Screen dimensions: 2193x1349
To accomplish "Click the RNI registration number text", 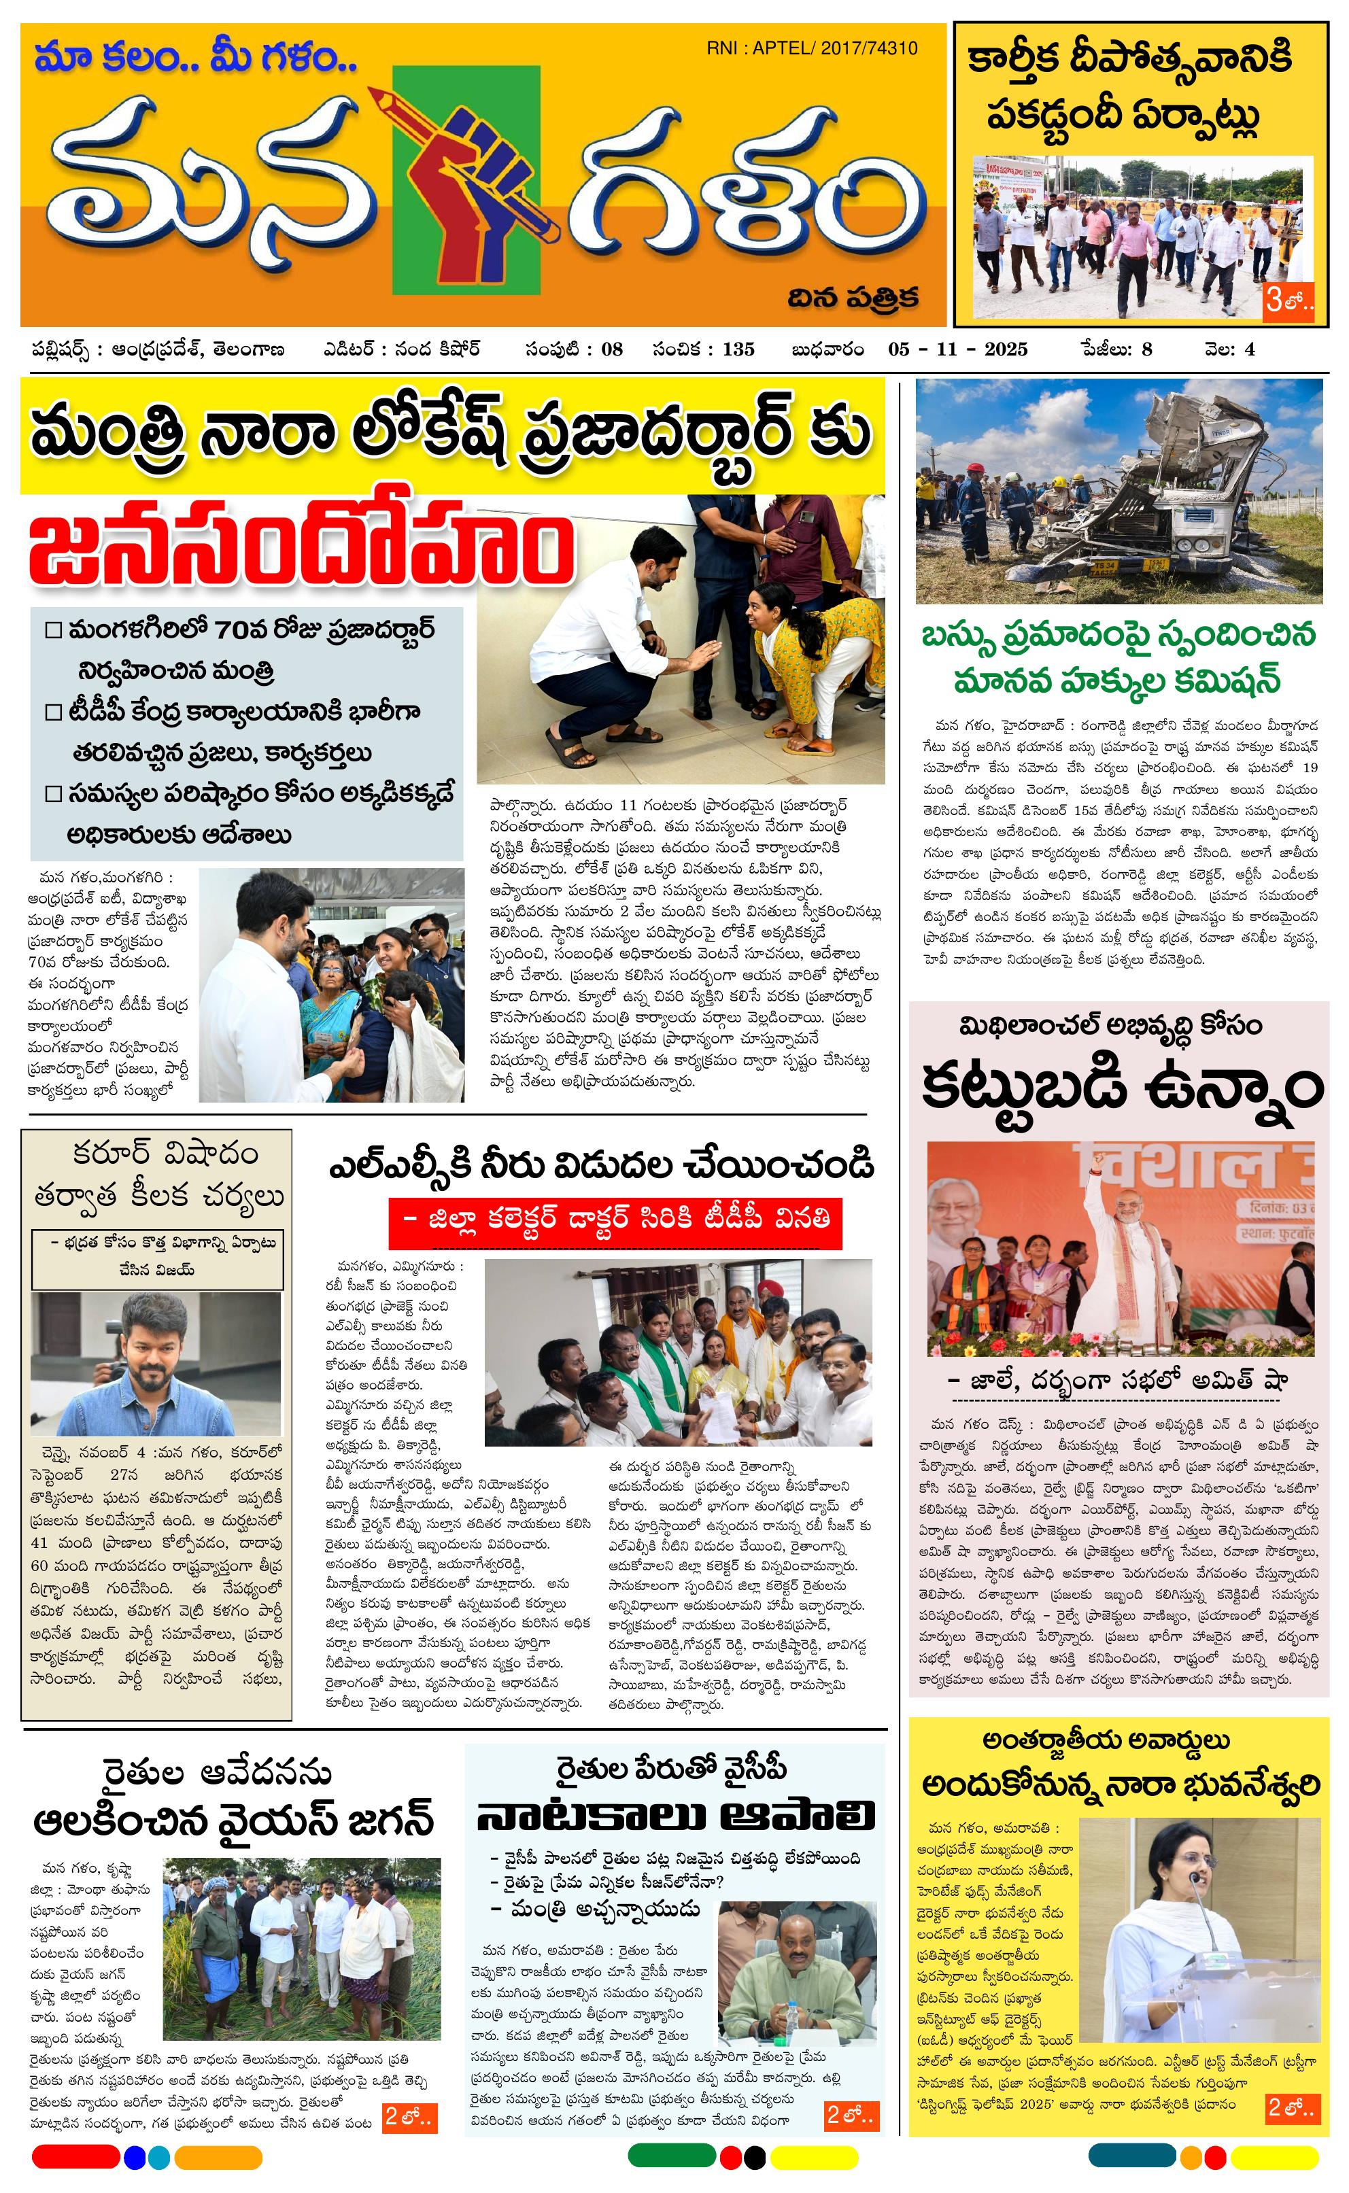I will (811, 48).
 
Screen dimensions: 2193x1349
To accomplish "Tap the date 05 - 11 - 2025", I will (957, 349).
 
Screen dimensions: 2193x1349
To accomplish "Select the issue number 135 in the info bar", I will (738, 349).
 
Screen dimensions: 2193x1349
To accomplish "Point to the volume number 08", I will (611, 349).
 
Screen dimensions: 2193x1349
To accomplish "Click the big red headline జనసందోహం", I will (300, 548).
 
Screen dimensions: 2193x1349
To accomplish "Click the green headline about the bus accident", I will (1118, 658).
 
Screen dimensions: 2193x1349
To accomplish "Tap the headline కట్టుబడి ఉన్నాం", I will (1121, 1086).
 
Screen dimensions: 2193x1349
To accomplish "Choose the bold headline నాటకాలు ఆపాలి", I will (675, 1815).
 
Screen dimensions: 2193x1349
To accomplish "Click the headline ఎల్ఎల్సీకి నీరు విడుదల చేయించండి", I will (601, 1164).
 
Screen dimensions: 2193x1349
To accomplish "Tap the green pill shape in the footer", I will (671, 2156).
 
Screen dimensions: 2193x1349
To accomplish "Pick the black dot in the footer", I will (754, 2158).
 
